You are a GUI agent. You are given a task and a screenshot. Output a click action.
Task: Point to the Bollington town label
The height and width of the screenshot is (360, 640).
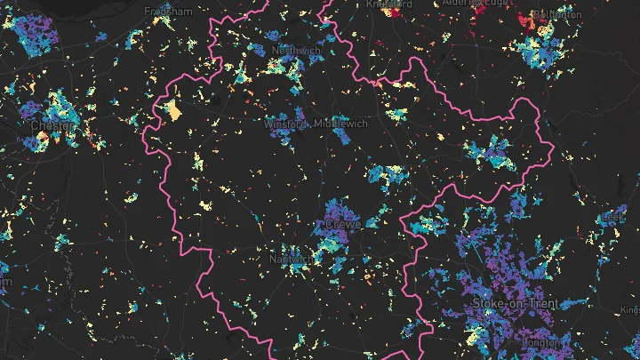pos(556,15)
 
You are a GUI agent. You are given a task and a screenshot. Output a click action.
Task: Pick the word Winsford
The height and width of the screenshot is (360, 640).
pos(285,124)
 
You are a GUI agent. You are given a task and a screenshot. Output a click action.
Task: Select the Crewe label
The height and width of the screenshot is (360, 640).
pos(342,225)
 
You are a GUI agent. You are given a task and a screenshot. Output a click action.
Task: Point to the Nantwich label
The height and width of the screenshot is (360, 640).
pos(291,260)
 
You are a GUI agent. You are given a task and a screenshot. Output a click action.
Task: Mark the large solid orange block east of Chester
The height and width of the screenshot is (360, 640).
pos(172,111)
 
